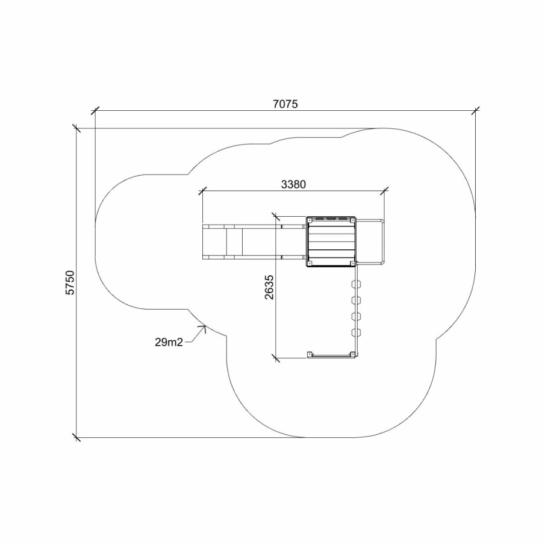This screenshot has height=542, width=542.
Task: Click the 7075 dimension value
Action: pos(285,104)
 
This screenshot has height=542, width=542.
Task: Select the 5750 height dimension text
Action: pos(70,283)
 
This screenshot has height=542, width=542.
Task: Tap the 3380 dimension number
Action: pos(293,185)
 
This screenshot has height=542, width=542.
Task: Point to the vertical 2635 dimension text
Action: pos(269,287)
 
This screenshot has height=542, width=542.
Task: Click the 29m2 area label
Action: pos(169,342)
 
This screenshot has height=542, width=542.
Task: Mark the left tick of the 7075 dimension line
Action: pos(95,111)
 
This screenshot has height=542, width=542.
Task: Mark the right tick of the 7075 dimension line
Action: pos(476,111)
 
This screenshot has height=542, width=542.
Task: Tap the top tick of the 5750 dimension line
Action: pos(76,128)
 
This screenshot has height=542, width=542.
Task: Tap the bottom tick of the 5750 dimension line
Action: pos(76,437)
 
